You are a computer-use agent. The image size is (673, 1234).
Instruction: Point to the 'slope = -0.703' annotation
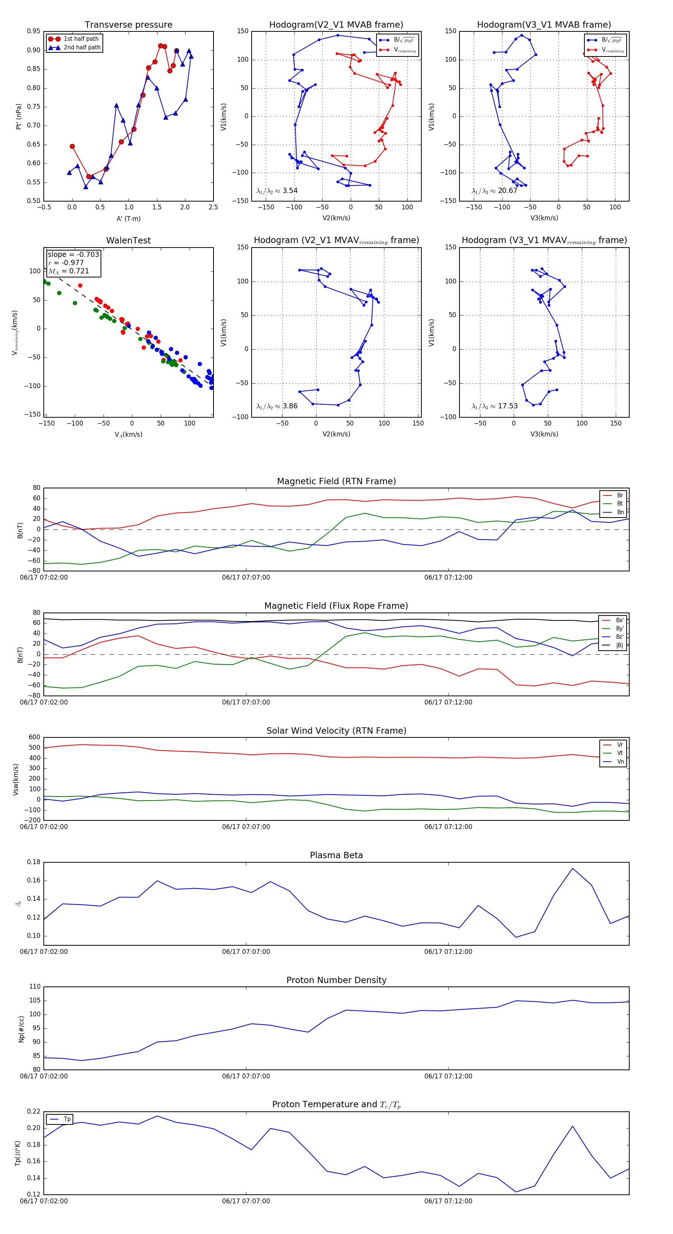pos(73,254)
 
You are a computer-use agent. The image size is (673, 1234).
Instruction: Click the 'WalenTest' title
pos(128,240)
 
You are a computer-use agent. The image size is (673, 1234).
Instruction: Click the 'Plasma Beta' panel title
pos(336,856)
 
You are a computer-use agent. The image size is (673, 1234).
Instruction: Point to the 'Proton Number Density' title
pos(336,980)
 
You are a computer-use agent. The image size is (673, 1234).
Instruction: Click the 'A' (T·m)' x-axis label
pos(128,218)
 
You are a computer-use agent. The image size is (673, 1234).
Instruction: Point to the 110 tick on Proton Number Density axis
pos(34,987)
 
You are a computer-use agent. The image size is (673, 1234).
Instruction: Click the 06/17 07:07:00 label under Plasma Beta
pos(246,952)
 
